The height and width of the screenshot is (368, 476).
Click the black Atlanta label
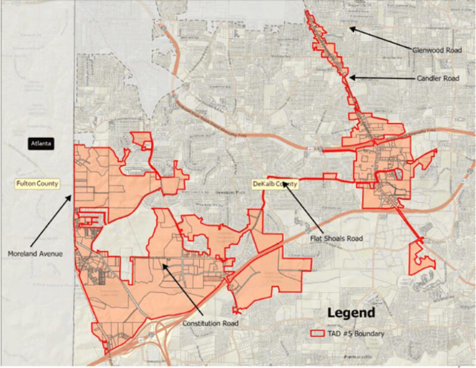point(42,143)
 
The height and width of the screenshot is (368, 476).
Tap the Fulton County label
point(37,183)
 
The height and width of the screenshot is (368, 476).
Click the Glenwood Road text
point(437,51)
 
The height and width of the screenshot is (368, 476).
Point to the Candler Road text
point(437,78)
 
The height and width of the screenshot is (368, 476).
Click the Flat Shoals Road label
point(337,238)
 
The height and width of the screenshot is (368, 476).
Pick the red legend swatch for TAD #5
point(321,334)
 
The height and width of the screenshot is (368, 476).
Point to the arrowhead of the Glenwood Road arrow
point(351,27)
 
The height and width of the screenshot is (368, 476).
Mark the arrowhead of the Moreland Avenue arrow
point(71,195)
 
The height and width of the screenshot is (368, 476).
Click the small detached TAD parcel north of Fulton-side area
point(143,140)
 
